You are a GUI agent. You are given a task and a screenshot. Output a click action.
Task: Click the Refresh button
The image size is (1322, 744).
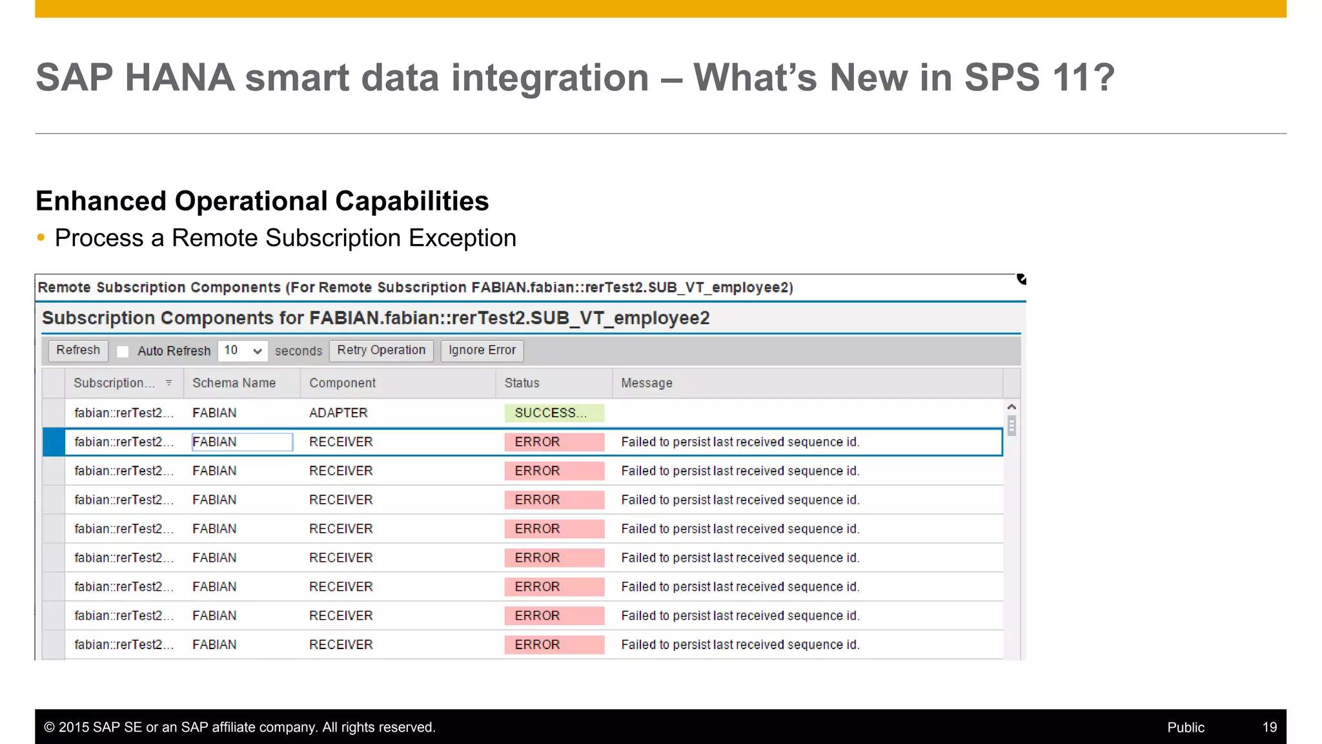78,351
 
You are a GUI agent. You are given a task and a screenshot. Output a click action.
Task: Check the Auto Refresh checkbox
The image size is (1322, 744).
123,351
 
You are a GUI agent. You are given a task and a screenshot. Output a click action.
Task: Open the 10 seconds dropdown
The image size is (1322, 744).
243,351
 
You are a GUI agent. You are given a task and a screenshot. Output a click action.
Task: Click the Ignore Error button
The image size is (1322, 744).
482,351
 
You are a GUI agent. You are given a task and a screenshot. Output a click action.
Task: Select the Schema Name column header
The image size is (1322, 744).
234,383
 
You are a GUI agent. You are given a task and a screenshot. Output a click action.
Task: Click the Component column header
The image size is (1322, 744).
342,383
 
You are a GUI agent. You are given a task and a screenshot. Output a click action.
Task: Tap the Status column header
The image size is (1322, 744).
522,383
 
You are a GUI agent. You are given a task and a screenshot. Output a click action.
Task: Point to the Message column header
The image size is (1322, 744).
646,383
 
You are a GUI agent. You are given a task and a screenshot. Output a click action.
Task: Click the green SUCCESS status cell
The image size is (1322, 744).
554,413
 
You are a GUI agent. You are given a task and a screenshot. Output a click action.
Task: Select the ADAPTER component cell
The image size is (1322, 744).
338,413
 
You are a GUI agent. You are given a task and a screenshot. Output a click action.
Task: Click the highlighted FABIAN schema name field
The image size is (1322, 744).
242,442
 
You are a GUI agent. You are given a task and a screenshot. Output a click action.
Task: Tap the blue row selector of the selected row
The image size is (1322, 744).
54,442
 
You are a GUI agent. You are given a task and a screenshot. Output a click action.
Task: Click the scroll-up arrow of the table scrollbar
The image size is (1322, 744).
1012,407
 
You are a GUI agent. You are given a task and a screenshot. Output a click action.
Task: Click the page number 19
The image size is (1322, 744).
1269,727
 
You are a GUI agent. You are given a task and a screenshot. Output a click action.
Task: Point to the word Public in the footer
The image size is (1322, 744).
1185,727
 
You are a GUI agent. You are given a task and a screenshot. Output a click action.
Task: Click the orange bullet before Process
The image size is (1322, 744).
41,238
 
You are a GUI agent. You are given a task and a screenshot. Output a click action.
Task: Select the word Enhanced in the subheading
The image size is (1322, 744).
101,201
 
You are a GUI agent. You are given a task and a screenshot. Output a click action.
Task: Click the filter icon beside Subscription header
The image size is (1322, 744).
168,383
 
